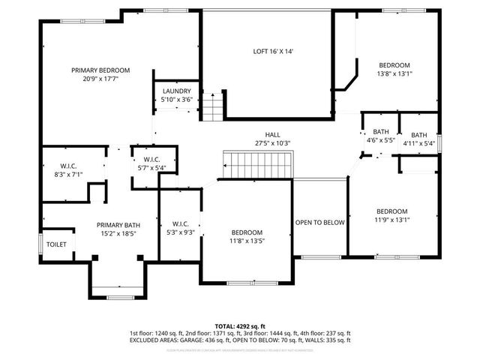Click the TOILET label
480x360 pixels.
coord(57,245)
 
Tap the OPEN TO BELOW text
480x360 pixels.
coord(319,223)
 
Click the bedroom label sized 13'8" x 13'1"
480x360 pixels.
coord(394,65)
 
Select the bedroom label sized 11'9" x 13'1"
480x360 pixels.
coord(391,211)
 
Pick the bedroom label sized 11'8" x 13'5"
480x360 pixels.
coord(247,232)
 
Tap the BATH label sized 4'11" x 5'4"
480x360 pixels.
coord(419,135)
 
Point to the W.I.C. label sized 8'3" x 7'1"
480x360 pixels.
coord(69,166)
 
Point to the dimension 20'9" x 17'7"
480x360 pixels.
coord(95,78)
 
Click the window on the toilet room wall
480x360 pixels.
coord(40,244)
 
